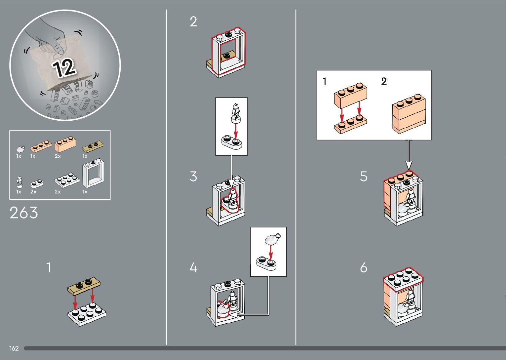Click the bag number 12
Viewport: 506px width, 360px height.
(64, 68)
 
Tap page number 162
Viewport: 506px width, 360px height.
(14, 348)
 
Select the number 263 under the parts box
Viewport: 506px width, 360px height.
(24, 213)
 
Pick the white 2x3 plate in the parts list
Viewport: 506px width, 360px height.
(67, 180)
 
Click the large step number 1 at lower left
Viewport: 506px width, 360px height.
(49, 267)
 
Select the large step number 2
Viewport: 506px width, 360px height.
(193, 22)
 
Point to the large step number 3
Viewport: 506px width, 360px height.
(193, 177)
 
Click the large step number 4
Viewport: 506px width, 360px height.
(193, 267)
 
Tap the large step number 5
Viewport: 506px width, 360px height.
(364, 177)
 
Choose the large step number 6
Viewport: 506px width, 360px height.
(364, 267)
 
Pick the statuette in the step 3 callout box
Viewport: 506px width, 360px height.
(235, 112)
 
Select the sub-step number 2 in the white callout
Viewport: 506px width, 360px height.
(384, 81)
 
